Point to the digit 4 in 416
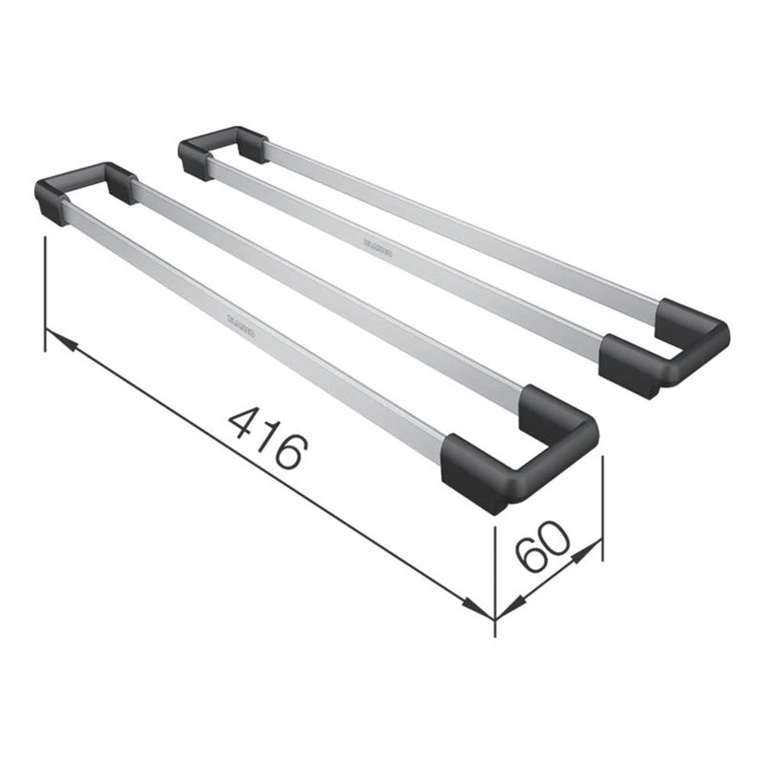pos(244,423)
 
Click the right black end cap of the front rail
pos(520,451)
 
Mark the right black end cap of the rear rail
pos(666,348)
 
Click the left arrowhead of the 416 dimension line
pos(61,341)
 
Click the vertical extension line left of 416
pos(46,295)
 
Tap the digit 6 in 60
pos(529,556)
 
